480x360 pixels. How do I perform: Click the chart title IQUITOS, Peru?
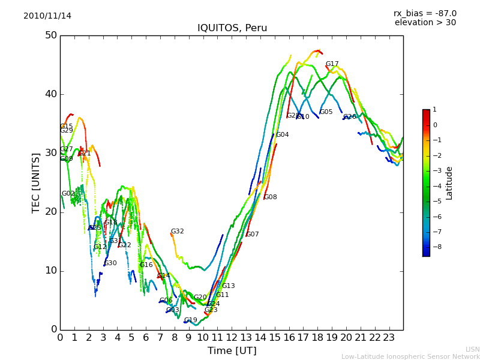coord(232,28)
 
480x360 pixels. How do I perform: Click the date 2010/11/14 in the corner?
coord(47,16)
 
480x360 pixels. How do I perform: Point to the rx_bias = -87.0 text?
coord(425,13)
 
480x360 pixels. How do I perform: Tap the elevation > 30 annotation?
coord(425,23)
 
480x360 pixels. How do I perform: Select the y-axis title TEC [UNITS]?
coord(36,182)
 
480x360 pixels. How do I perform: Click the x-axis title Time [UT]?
coord(232,350)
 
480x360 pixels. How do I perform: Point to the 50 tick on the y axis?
coord(50,35)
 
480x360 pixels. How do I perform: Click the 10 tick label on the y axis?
coord(50,271)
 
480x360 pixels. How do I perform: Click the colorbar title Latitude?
coord(449,183)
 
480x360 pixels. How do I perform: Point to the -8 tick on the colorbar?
coord(435,246)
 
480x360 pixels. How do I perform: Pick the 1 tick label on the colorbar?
coord(434,110)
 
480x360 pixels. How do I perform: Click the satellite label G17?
coord(332,64)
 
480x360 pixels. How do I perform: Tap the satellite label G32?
coord(178,232)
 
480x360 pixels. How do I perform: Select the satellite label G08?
coord(271,197)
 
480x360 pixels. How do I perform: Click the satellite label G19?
coord(191,320)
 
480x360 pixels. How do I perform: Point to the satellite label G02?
coord(68,194)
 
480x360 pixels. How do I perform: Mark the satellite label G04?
coord(283,135)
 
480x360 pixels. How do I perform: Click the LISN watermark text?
coord(473,349)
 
